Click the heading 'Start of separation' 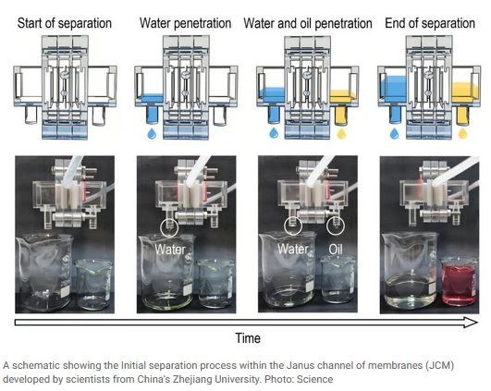point(65,23)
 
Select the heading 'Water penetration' point(185,23)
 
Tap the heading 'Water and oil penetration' point(308,23)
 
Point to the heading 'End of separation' point(430,23)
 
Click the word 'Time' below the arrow point(248,338)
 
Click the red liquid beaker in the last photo point(460,281)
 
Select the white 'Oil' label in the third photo point(336,250)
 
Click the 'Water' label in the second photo point(170,250)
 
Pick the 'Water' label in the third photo point(293,250)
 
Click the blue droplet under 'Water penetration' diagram point(153,133)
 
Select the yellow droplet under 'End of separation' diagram point(463,133)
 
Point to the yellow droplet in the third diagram point(341,133)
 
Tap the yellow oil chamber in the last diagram point(465,92)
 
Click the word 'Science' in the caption point(314,379)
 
